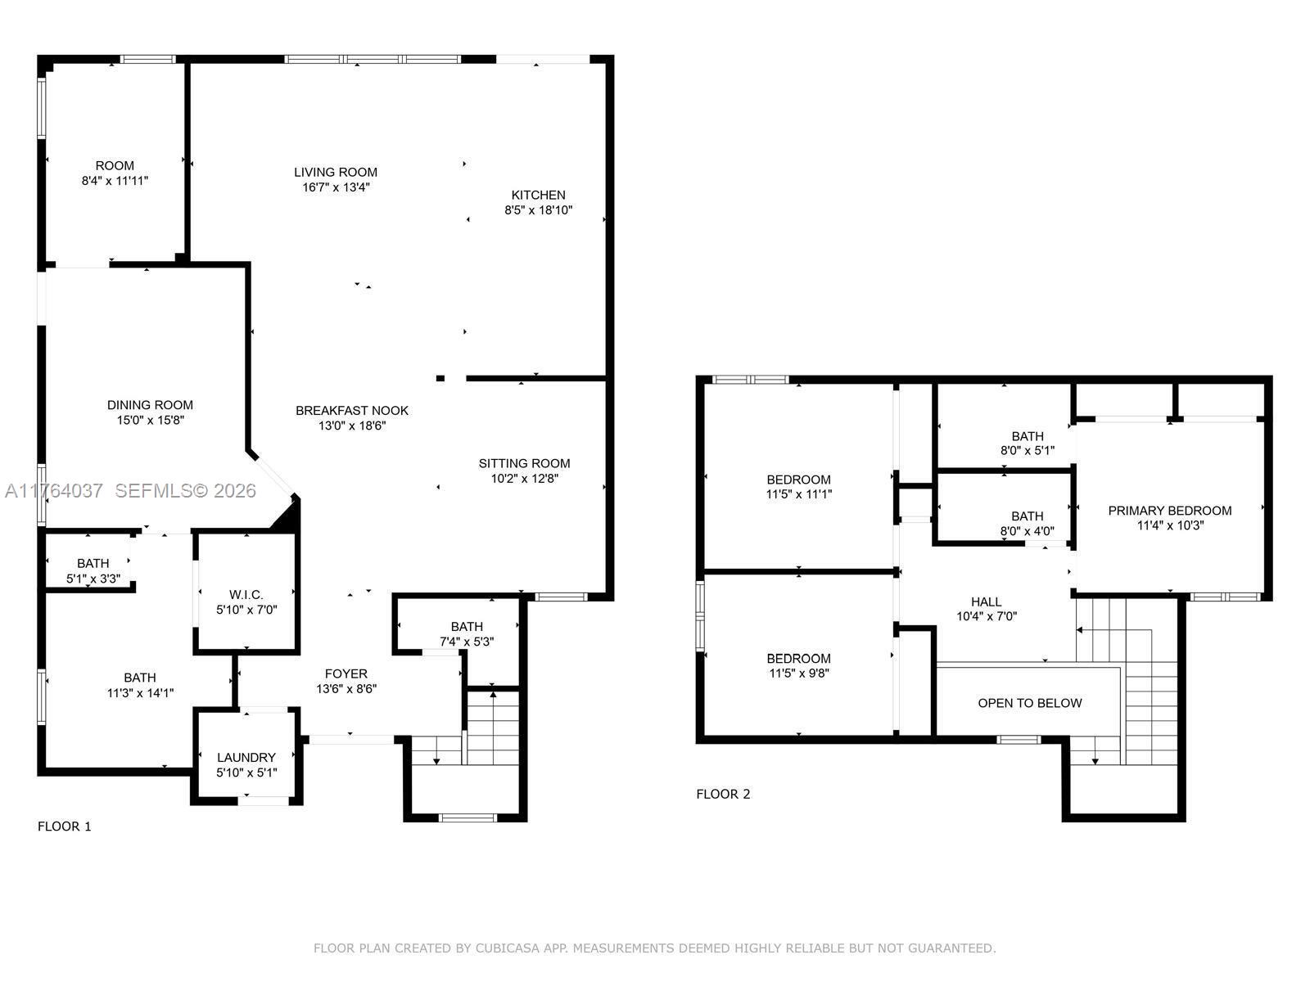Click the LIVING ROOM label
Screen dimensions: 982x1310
pos(336,172)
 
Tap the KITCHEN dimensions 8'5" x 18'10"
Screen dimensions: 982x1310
pos(538,210)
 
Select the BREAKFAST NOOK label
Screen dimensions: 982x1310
pos(352,411)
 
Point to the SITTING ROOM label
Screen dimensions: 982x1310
pos(524,463)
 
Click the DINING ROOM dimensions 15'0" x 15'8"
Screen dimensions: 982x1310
pos(150,420)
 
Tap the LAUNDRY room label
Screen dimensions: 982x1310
pos(246,758)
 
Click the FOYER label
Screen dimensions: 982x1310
pos(346,673)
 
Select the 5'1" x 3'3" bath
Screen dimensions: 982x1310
pos(93,570)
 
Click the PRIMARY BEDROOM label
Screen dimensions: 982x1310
pos(1169,511)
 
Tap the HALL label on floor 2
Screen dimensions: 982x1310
pos(986,601)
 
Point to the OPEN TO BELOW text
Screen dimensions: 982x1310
pos(1029,703)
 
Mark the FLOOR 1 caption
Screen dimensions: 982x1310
pos(65,826)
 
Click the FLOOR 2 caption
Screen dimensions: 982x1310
pos(723,794)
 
